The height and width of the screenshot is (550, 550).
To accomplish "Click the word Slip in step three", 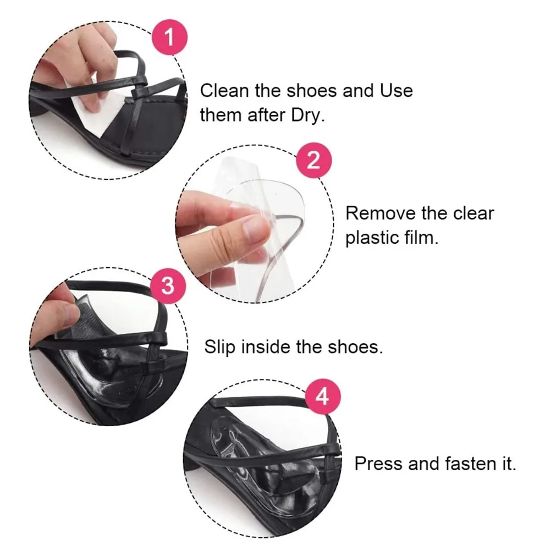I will (x=219, y=348).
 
